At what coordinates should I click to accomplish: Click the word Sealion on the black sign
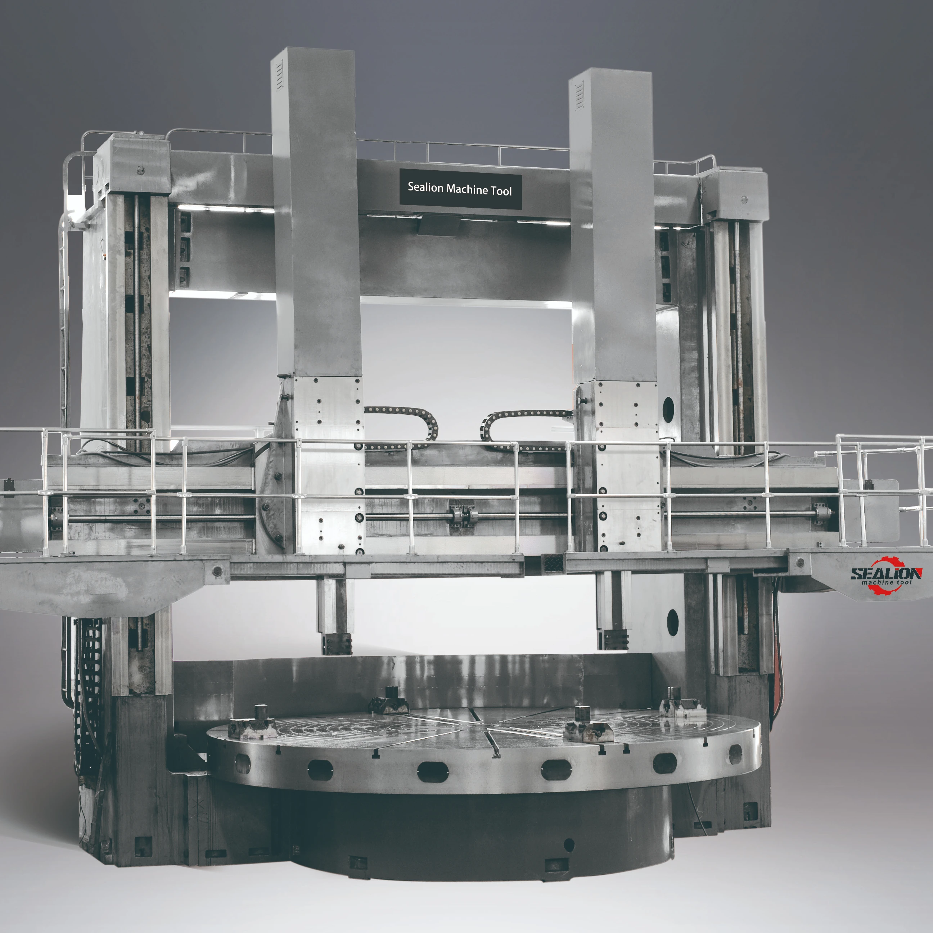(425, 188)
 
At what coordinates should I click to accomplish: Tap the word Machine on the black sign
(467, 189)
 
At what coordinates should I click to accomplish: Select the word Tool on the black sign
(501, 191)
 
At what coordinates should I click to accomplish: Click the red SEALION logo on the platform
(886, 575)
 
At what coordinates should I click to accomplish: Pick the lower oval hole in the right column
(672, 622)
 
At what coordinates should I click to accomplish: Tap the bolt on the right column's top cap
(744, 199)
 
